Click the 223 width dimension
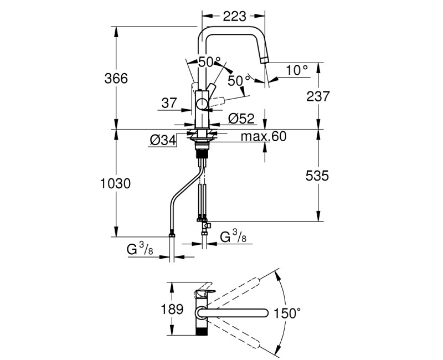[x=234, y=17]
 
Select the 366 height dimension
[x=116, y=79]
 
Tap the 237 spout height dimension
[x=318, y=96]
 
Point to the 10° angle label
[x=297, y=70]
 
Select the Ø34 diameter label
[x=162, y=141]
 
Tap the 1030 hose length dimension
[x=115, y=183]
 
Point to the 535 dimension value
[x=317, y=176]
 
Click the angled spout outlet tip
[x=265, y=61]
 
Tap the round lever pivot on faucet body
[x=203, y=103]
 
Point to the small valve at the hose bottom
[x=206, y=225]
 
